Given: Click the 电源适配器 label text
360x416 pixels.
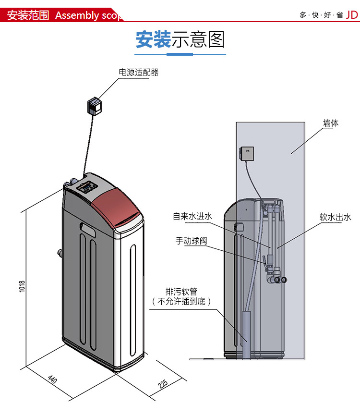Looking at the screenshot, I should tap(138, 73).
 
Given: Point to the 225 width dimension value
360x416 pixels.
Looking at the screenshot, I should tap(163, 384).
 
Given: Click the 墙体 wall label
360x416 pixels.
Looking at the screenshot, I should tap(330, 123).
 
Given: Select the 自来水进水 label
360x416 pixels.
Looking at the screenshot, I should tap(192, 217).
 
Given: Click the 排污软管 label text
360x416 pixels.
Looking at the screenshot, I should tap(181, 292).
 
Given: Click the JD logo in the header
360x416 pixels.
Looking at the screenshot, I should tap(352, 14).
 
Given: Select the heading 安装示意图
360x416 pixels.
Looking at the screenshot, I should tap(180, 40).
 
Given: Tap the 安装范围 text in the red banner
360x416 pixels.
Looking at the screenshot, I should tap(28, 15).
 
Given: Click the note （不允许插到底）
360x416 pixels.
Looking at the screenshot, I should tap(181, 302).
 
